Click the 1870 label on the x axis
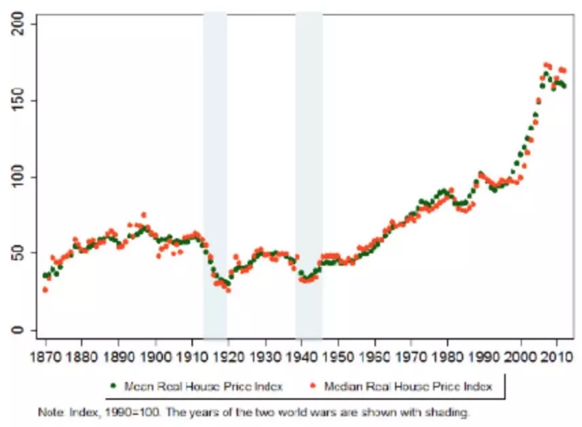coord(45,357)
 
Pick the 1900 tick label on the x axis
coord(155,357)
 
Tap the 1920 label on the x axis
coord(228,357)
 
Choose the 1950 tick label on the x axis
coord(338,357)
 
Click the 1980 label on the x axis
coord(448,357)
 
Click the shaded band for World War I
coord(215,175)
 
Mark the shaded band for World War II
coord(308,175)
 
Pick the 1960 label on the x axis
coord(375,357)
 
